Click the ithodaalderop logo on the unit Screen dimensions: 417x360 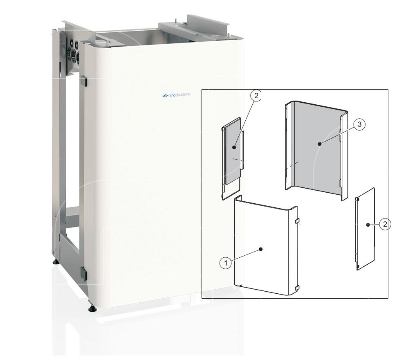click(x=176, y=95)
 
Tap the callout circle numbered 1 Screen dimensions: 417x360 click(x=226, y=263)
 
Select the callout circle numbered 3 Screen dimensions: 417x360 click(x=359, y=124)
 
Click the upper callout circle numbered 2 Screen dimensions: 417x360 click(x=256, y=96)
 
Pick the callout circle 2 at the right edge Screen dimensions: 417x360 click(x=385, y=224)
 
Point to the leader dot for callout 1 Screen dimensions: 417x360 click(x=261, y=249)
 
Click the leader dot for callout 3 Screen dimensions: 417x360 click(x=320, y=144)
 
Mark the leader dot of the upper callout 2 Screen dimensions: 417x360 click(x=234, y=147)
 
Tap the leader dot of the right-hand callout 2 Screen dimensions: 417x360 click(x=368, y=225)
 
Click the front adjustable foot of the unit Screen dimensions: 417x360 click(x=92, y=308)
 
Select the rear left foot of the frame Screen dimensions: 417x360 click(x=56, y=262)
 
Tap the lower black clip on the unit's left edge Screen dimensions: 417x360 click(x=84, y=274)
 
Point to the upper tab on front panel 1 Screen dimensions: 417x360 click(x=297, y=221)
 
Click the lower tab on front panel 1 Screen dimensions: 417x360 click(x=297, y=288)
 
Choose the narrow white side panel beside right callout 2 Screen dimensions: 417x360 click(x=365, y=229)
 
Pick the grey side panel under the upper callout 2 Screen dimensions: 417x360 click(x=232, y=158)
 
